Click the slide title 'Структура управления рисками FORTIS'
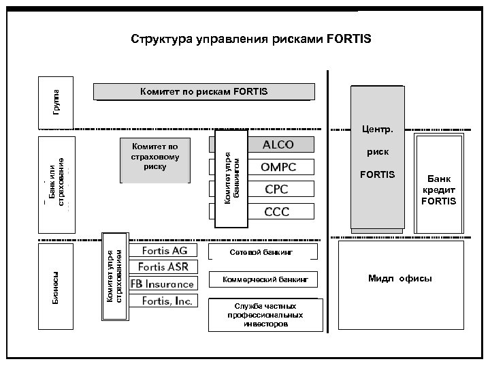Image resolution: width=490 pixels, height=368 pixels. point(251,38)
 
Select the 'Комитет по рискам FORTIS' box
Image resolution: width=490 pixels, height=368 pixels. point(204,91)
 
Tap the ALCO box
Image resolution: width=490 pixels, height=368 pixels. point(278,144)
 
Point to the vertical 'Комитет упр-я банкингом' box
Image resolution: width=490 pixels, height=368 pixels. point(230,179)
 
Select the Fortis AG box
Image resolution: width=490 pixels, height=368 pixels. point(164,251)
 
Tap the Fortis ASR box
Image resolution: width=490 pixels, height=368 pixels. point(164,266)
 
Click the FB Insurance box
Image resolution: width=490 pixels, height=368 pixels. point(163,283)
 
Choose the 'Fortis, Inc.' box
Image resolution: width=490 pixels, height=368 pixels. point(167,301)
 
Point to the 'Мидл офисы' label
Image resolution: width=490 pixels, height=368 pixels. point(399,279)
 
